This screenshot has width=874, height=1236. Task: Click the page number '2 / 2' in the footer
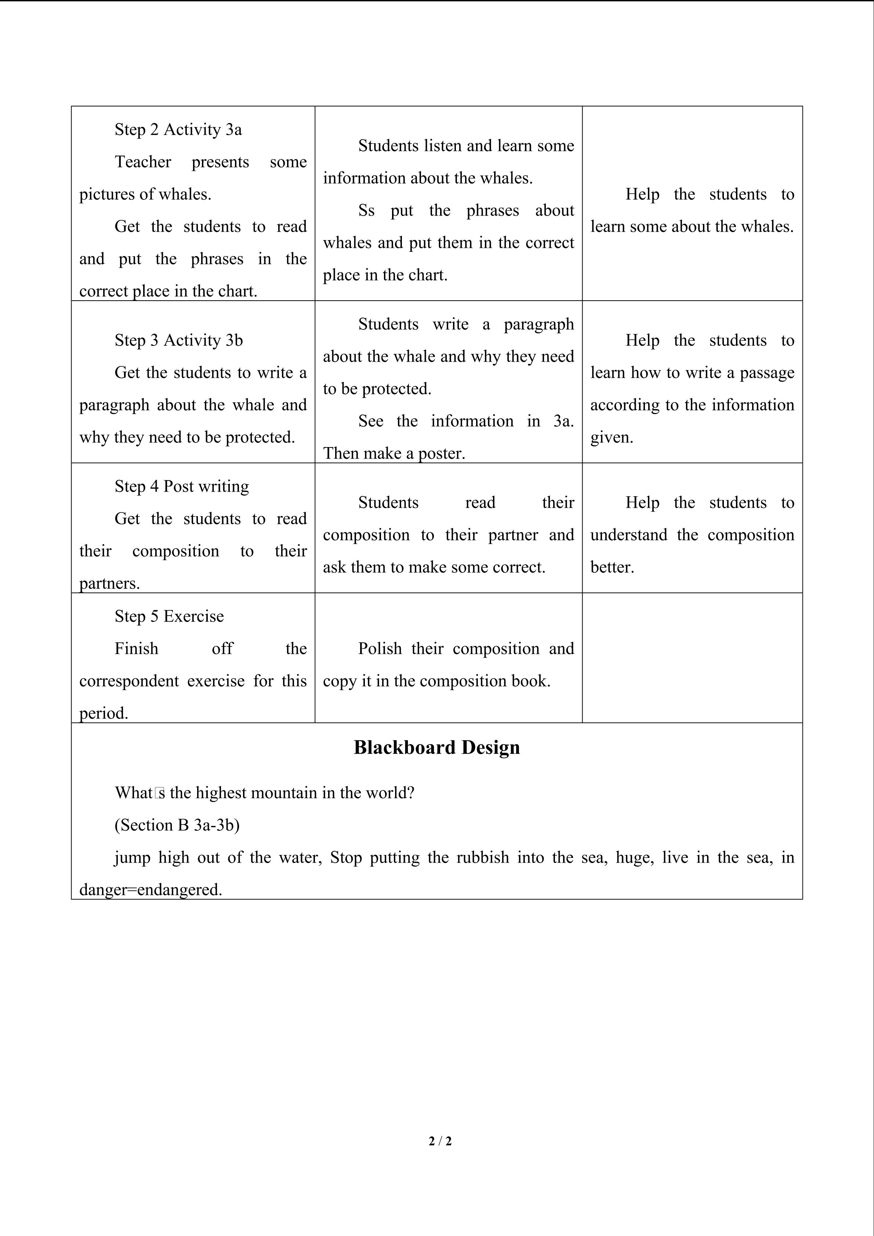coord(440,1141)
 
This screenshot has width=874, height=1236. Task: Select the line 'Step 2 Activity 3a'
coord(178,130)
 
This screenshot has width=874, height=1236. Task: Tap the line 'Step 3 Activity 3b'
coord(179,340)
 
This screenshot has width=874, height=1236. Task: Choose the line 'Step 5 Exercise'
coord(169,616)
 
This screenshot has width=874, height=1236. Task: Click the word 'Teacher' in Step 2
coord(143,162)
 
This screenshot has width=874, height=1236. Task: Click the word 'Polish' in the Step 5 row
coord(380,648)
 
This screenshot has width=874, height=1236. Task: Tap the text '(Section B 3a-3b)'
coord(177,825)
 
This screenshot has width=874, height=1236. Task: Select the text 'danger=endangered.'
coord(151,889)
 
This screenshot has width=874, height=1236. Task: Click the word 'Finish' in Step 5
coord(136,648)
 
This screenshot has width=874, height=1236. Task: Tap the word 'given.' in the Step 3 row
coord(612,437)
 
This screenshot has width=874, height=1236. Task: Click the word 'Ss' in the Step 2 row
coord(366,210)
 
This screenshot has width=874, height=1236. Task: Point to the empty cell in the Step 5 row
coord(692,657)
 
